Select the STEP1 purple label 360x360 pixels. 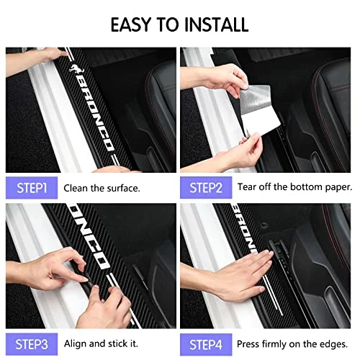tap(32, 188)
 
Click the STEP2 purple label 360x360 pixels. tap(206, 188)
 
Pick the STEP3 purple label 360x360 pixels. tap(32, 344)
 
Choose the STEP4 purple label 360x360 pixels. tap(206, 344)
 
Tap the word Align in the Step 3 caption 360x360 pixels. tap(76, 344)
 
